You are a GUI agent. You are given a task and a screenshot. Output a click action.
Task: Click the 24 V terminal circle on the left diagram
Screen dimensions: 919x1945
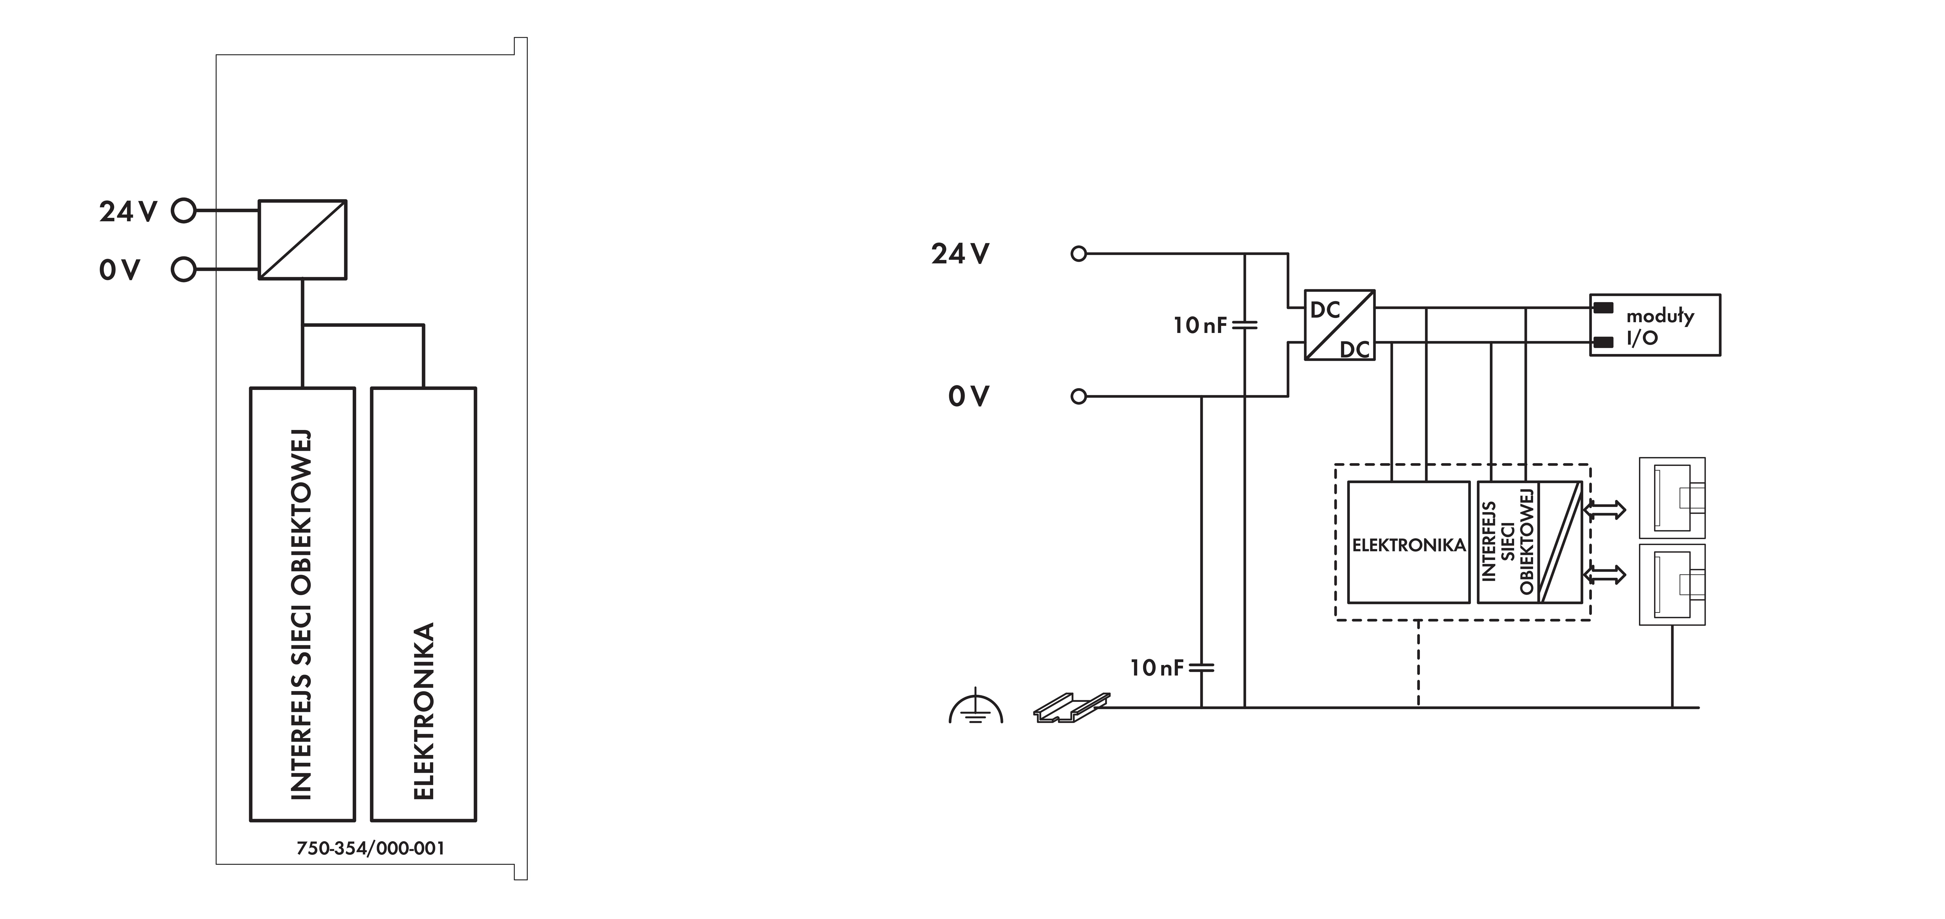pyautogui.click(x=183, y=211)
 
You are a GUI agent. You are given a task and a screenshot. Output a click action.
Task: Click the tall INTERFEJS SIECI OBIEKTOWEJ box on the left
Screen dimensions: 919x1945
pyautogui.click(x=302, y=604)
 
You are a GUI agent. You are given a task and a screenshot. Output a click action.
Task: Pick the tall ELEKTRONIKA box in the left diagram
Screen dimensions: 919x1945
pyautogui.click(x=424, y=604)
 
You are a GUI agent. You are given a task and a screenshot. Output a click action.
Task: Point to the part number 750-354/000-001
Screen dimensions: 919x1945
pyautogui.click(x=370, y=848)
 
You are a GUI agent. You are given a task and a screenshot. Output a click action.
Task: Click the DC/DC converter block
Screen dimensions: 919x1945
pyautogui.click(x=1339, y=325)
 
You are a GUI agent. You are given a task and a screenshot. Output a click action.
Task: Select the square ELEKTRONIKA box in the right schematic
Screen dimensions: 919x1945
pyautogui.click(x=1408, y=542)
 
